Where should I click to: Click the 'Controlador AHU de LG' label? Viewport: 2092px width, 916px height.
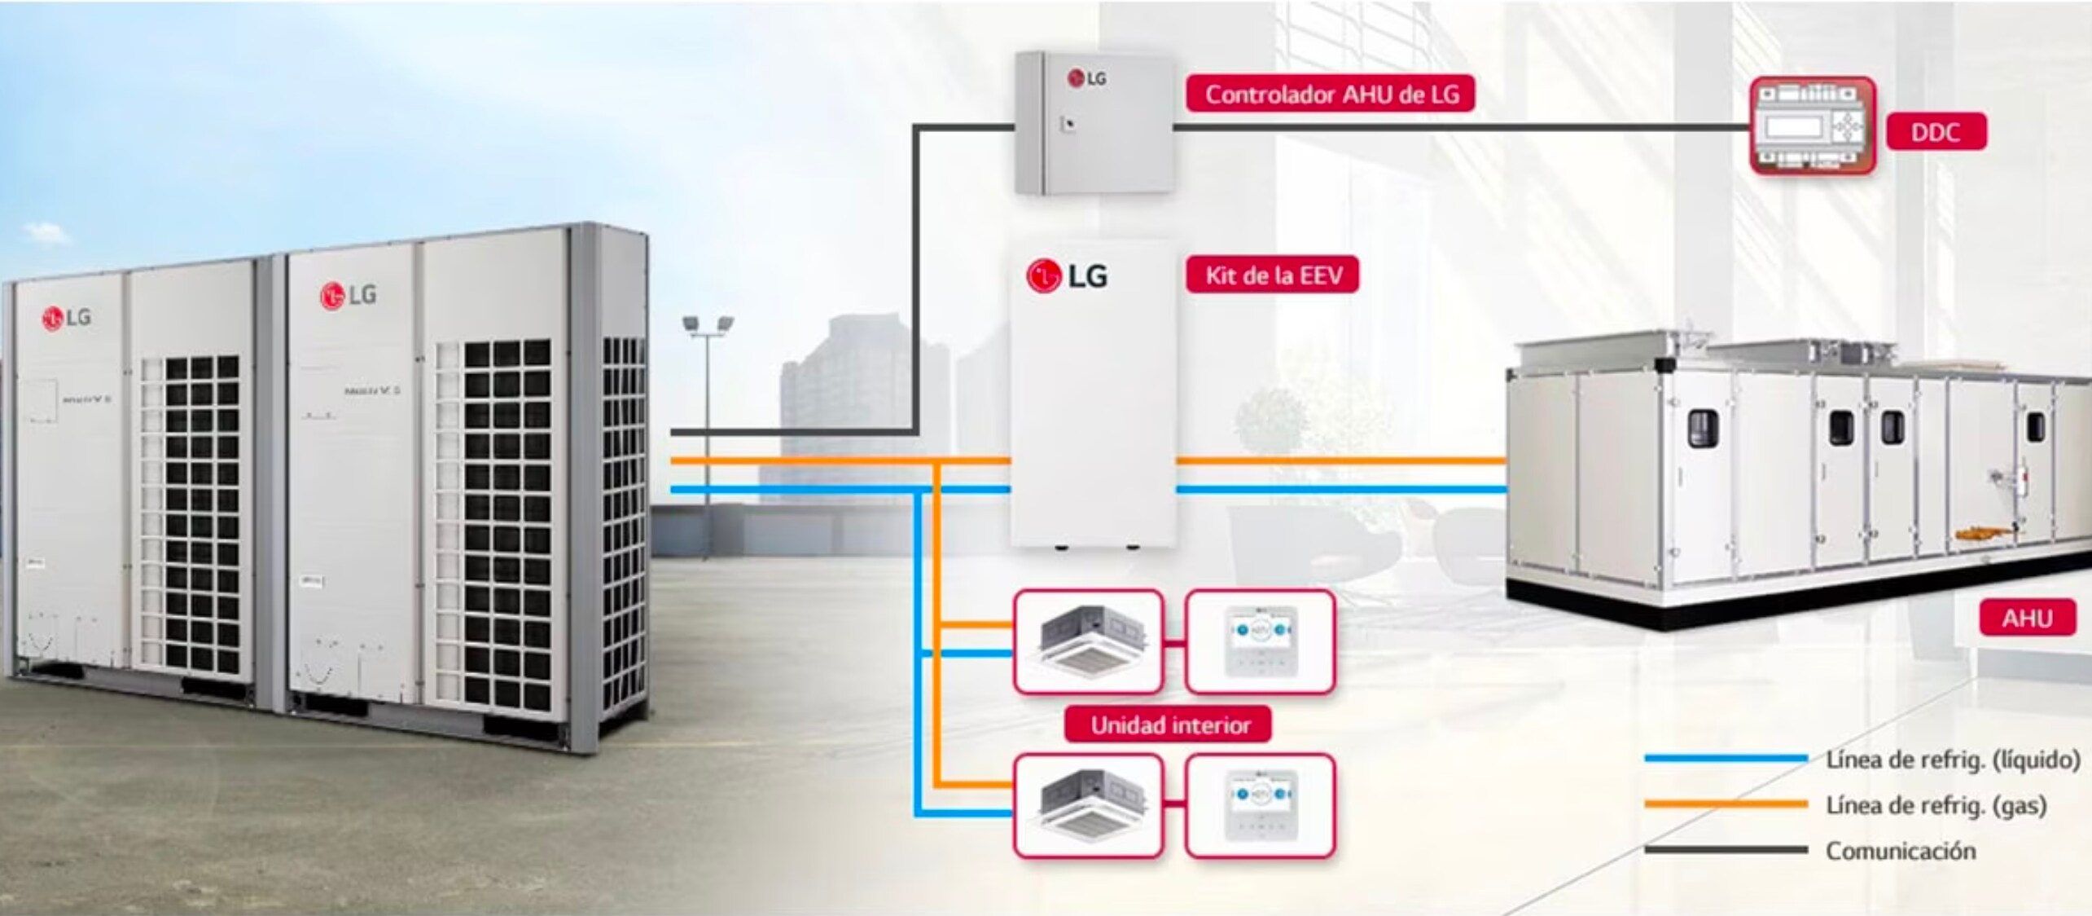(x=1331, y=95)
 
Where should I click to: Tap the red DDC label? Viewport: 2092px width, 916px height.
(x=1935, y=133)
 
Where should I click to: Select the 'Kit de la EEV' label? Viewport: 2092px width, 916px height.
(x=1273, y=275)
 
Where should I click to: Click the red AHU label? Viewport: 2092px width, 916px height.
(x=2027, y=619)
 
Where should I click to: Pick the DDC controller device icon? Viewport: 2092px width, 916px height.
(x=1812, y=126)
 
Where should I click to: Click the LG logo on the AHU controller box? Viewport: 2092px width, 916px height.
(x=1086, y=78)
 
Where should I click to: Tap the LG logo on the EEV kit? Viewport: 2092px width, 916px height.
(x=1067, y=276)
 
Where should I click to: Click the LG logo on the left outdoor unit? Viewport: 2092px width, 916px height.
(x=66, y=318)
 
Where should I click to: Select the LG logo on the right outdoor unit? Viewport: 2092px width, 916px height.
(x=348, y=295)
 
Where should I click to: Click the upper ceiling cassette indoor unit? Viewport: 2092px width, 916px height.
(x=1088, y=642)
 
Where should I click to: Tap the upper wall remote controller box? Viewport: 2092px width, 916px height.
(x=1260, y=642)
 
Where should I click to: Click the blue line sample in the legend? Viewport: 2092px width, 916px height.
(x=1726, y=759)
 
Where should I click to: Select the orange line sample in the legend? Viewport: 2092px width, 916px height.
(x=1726, y=804)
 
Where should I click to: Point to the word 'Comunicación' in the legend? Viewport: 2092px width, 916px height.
(x=1900, y=851)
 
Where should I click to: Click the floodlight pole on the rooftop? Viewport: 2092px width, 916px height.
(x=708, y=424)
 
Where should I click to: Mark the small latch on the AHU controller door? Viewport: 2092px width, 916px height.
(x=1068, y=124)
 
